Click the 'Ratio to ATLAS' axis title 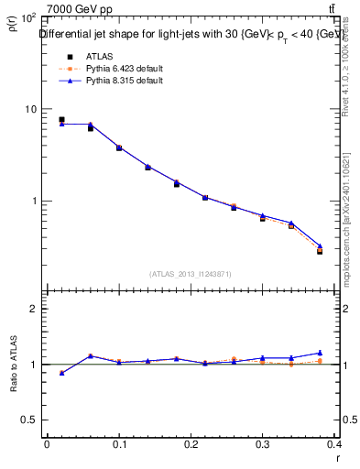pos(13,365)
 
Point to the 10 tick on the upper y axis pos(29,109)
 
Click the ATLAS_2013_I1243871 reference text pos(190,274)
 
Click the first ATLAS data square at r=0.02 pos(61,119)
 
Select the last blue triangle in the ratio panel pos(321,353)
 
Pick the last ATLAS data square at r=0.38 pos(321,250)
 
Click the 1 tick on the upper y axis pos(32,201)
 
